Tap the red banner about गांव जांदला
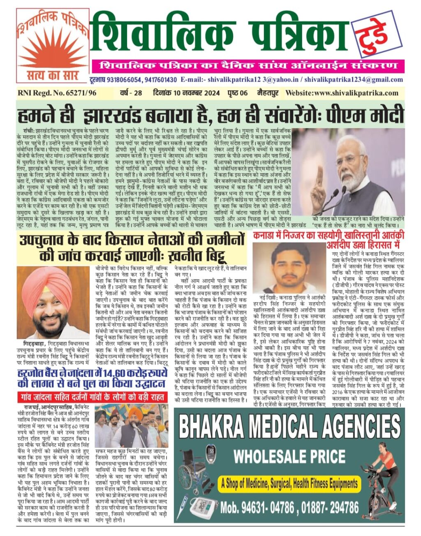click(93, 397)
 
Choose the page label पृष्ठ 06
click(237, 93)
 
